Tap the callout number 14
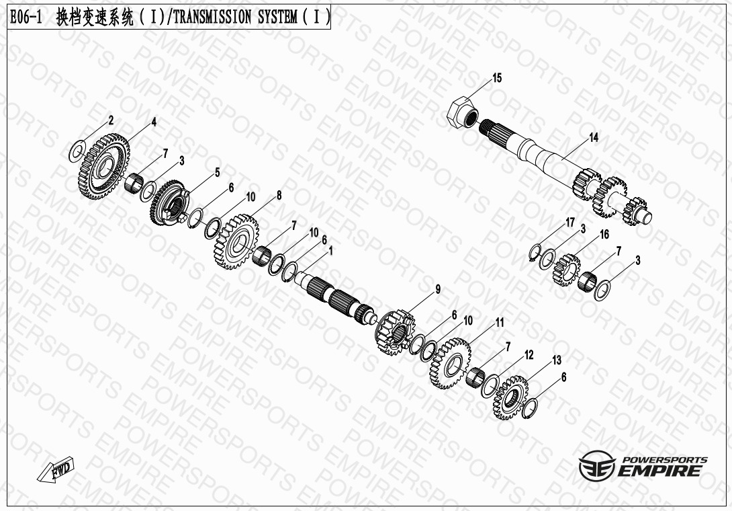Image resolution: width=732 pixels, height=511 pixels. click(x=594, y=137)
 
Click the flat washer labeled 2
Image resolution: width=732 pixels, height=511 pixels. click(x=77, y=151)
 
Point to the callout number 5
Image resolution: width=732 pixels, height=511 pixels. click(x=217, y=173)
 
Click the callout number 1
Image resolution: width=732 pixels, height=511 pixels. click(x=331, y=251)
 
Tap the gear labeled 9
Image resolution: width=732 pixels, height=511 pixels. click(x=394, y=332)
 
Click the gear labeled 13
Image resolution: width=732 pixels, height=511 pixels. click(x=510, y=397)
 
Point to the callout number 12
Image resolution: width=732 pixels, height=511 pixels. click(x=529, y=355)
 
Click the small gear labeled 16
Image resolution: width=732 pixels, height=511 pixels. click(x=566, y=270)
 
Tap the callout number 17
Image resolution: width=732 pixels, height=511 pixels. click(x=570, y=223)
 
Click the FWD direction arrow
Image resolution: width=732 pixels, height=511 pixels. click(x=56, y=470)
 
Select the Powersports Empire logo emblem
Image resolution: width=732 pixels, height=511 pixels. click(x=597, y=465)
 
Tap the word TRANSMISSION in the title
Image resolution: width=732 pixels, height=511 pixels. click(x=212, y=17)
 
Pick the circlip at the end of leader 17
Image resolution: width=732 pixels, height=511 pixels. click(x=535, y=252)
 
